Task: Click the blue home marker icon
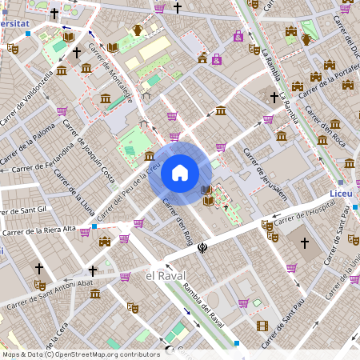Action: (179, 173)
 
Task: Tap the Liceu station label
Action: (341, 194)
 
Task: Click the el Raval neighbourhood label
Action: (160, 275)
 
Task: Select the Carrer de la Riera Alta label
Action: (39, 230)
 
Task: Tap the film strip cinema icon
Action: (262, 326)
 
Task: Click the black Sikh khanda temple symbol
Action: (203, 248)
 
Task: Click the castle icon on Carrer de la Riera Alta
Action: (104, 241)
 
